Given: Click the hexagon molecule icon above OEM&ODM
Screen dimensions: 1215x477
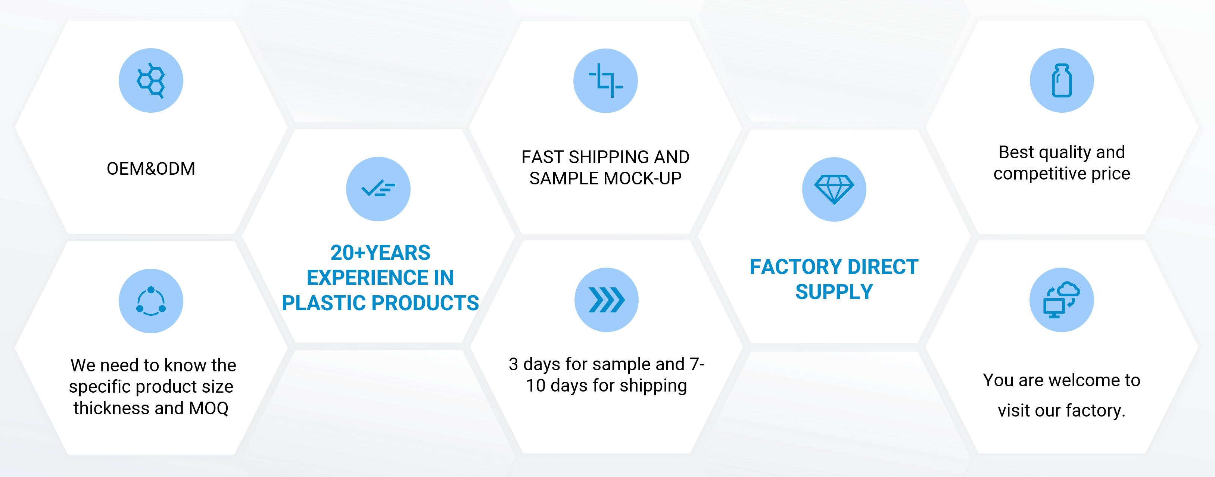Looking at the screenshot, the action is [151, 80].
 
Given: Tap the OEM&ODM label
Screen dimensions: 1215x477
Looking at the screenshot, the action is [151, 168].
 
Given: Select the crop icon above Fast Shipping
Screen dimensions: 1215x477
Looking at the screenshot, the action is [605, 81].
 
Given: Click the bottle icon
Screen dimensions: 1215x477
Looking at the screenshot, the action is [1062, 81].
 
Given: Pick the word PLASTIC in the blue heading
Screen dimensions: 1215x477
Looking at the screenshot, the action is [324, 303].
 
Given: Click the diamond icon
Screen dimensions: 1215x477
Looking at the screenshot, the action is [834, 189].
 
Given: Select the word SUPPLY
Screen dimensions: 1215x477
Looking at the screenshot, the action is [834, 291].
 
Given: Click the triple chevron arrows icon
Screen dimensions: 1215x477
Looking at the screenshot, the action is [607, 300].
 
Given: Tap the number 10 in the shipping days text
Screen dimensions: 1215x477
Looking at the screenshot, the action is [536, 386].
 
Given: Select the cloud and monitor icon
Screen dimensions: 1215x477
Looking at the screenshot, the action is [1061, 300].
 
